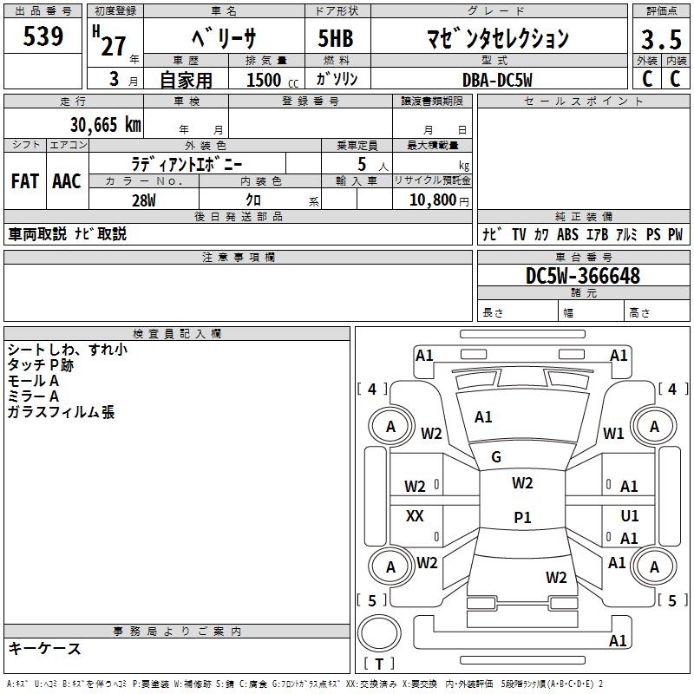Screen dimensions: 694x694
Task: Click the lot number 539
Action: [x=44, y=36]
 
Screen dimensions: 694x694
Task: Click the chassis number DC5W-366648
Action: [x=583, y=276]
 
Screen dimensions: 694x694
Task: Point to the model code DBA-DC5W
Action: [x=497, y=79]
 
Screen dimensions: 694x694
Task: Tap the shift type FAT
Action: [x=24, y=181]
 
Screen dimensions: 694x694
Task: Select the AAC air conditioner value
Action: [x=66, y=181]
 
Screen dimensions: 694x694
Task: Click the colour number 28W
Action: [x=144, y=200]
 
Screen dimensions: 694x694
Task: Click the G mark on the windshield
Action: [x=496, y=457]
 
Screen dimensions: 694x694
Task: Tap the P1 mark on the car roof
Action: [x=522, y=518]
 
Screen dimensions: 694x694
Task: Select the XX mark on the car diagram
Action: [x=415, y=516]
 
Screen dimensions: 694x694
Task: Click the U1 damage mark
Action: [x=630, y=516]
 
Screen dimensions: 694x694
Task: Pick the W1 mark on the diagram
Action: [x=613, y=434]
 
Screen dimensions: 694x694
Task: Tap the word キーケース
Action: [x=44, y=648]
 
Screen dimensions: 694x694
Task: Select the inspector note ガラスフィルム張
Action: [x=61, y=413]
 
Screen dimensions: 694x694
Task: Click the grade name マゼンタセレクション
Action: [x=498, y=39]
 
